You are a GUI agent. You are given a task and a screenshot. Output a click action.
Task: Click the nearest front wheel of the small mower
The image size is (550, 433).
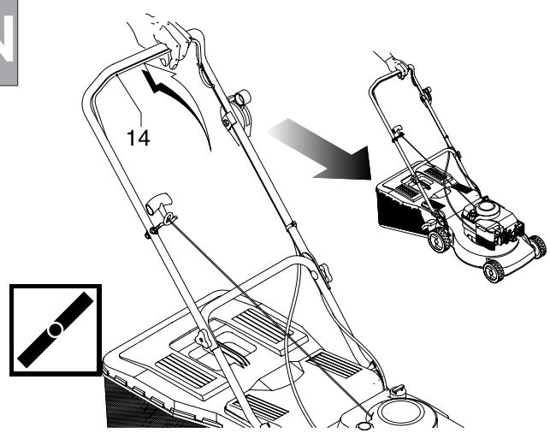pyautogui.click(x=494, y=270)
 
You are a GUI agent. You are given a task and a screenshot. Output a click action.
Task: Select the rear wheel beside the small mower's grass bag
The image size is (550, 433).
pyautogui.click(x=440, y=240)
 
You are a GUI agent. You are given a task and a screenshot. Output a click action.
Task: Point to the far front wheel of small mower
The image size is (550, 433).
pyautogui.click(x=537, y=246)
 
